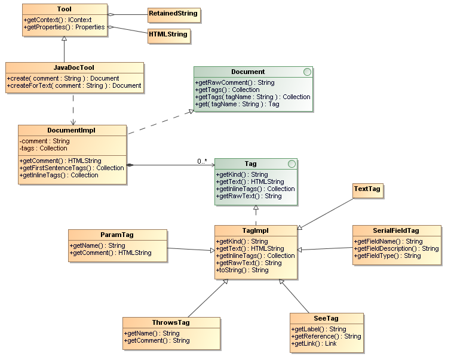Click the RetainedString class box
click(173, 13)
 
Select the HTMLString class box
click(168, 35)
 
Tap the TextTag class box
click(367, 189)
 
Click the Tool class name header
click(65, 10)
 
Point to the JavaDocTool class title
click(74, 67)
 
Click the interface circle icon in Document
click(307, 72)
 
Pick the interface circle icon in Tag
click(291, 164)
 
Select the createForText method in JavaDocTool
click(75, 85)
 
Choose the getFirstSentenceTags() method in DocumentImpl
click(72, 168)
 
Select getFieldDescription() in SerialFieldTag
click(396, 248)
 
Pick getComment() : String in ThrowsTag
click(157, 340)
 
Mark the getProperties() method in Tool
click(65, 27)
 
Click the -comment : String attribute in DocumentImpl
click(44, 141)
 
